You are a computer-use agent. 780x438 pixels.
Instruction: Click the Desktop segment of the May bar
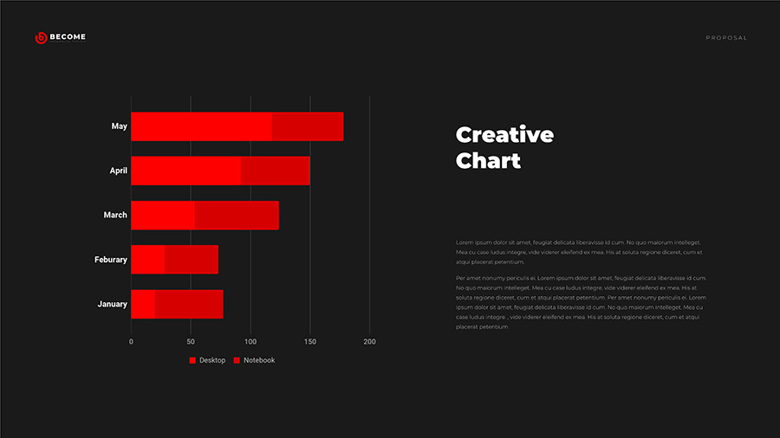coord(201,126)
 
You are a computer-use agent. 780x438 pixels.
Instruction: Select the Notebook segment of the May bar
coord(308,126)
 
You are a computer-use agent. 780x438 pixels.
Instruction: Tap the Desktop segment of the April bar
coord(185,171)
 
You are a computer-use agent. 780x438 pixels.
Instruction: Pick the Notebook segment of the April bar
coord(276,171)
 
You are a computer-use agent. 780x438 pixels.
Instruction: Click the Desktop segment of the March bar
coord(163,216)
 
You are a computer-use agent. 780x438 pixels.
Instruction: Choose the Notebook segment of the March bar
coord(237,216)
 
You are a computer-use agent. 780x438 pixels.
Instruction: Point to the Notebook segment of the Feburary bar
coord(192,260)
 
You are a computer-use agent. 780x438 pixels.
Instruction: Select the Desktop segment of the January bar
coord(143,305)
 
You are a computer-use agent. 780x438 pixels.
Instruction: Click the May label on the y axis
coord(120,126)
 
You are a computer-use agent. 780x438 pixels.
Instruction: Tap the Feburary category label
coord(111,260)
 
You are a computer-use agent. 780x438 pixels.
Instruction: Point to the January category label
coord(113,305)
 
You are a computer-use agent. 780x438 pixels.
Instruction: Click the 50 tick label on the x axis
coord(191,342)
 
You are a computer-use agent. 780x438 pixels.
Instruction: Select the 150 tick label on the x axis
coord(310,342)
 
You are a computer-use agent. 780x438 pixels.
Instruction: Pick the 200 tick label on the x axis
coord(370,342)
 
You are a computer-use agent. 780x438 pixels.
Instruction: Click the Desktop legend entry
coord(208,360)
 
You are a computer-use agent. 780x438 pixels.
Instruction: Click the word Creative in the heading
coord(504,135)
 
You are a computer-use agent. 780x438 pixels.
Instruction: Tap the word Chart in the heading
coord(488,160)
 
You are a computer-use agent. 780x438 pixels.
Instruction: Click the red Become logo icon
coord(40,37)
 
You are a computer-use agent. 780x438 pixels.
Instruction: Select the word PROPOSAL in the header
coord(726,38)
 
